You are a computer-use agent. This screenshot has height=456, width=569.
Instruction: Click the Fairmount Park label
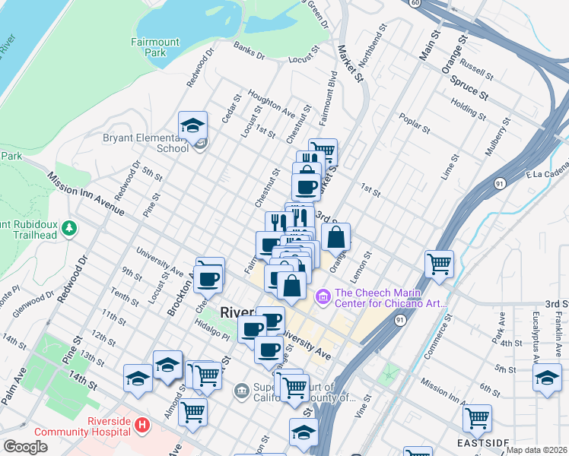pos(148,48)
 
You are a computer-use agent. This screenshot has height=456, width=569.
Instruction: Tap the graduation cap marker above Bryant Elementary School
pos(193,125)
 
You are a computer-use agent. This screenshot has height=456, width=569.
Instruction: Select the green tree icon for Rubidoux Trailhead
pos(69,227)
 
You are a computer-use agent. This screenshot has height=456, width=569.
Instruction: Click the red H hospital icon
pos(140,423)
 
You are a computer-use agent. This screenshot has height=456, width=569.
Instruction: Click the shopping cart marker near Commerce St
pos(439,264)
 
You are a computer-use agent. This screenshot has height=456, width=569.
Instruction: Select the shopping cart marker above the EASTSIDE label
pos(477,417)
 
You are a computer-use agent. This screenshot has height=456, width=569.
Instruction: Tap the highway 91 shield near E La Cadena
pos(499,183)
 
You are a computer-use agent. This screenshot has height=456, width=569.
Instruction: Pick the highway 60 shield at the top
pos(415,3)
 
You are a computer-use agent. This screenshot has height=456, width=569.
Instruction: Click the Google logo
pos(25,447)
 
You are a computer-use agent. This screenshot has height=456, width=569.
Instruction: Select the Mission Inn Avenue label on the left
pos(85,193)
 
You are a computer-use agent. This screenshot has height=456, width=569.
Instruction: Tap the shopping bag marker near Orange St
pos(335,237)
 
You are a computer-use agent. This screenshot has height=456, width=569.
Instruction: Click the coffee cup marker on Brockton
pos(208,278)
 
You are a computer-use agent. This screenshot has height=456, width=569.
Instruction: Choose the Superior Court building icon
pos(241,391)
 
